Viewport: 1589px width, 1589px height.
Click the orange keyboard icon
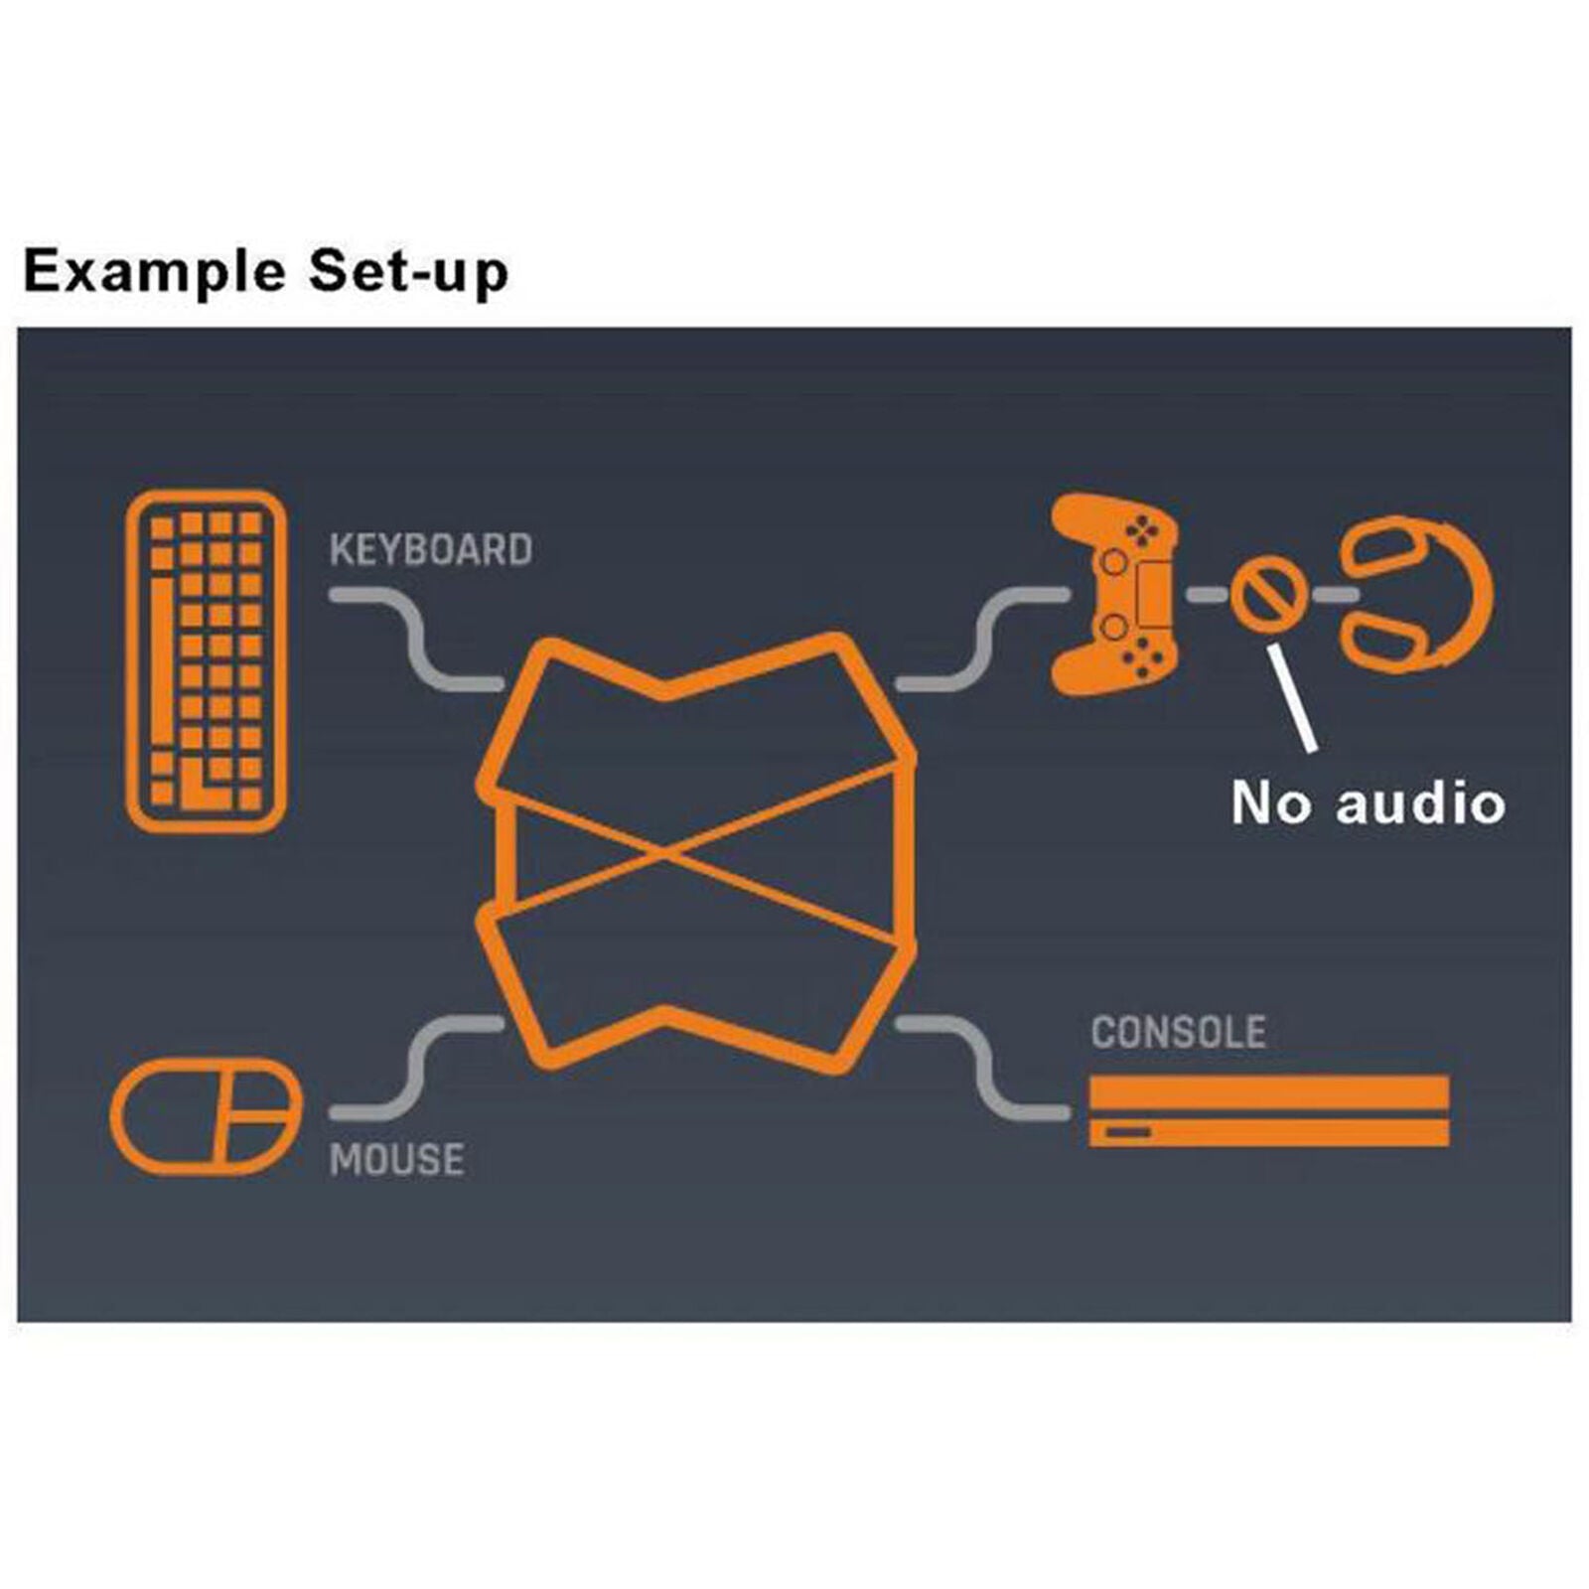207,660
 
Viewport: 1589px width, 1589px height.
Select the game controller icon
1115,594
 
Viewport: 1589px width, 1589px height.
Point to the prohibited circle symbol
1266,593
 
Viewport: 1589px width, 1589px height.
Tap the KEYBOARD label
431,550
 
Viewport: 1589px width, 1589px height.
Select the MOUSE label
396,1160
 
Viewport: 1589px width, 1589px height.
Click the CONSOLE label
1179,1033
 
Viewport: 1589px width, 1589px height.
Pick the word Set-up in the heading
408,272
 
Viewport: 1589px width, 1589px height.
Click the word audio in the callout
1420,802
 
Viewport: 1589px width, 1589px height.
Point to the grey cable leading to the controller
982,640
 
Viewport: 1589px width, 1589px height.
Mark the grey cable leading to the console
982,1067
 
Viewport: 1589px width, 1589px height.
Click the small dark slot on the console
1129,1133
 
